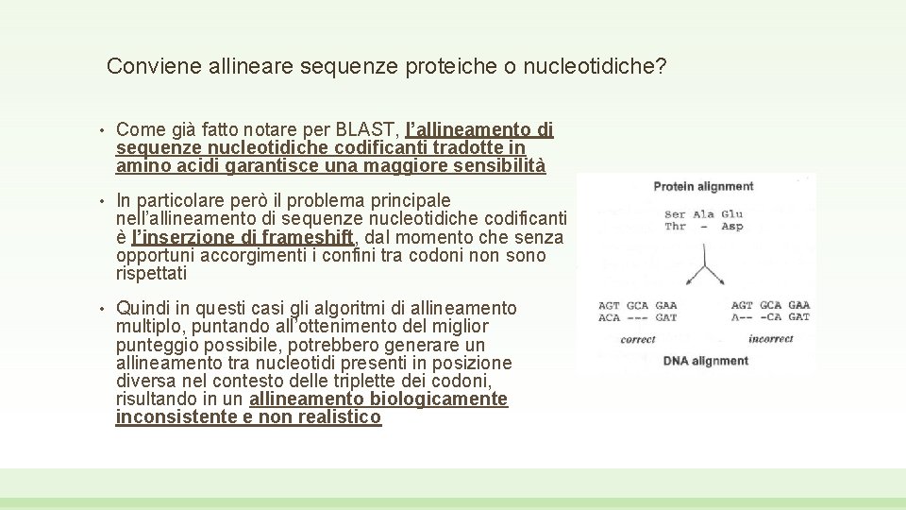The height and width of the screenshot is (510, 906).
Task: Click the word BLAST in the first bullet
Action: (x=367, y=129)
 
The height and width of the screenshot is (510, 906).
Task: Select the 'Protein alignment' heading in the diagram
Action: (x=703, y=186)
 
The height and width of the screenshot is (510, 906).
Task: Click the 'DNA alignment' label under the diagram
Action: (x=705, y=361)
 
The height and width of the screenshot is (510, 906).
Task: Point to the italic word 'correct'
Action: (x=638, y=339)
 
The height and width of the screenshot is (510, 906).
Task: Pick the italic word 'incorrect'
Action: (x=770, y=339)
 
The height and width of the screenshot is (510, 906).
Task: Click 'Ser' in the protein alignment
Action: (x=675, y=214)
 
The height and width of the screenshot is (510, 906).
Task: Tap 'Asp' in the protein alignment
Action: (x=732, y=227)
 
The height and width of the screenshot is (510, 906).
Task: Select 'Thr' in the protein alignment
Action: (x=675, y=227)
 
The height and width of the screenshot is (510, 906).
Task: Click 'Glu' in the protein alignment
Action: (x=732, y=214)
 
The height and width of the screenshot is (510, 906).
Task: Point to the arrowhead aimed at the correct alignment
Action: (x=686, y=279)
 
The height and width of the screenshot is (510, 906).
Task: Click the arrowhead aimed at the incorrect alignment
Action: (x=723, y=279)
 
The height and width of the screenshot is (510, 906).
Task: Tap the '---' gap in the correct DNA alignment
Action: (x=638, y=318)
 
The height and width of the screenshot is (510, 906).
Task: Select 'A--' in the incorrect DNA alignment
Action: (x=743, y=318)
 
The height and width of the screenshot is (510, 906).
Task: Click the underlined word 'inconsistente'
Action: (x=174, y=417)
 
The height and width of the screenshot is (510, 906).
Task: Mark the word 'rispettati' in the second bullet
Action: (x=151, y=274)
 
